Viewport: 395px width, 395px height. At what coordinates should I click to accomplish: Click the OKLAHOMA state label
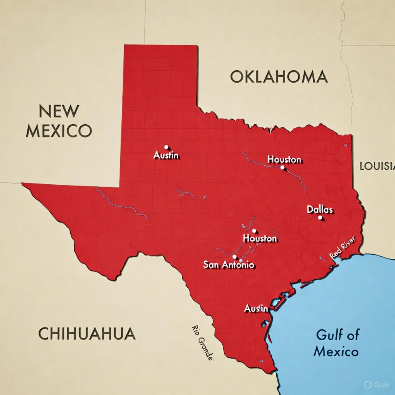[279, 77]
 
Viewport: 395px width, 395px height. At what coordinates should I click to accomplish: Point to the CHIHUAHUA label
[87, 333]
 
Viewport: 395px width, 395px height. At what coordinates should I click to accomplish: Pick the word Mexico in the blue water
[335, 352]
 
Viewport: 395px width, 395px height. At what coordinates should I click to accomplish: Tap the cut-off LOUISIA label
[377, 166]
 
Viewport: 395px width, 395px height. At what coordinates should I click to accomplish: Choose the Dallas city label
[320, 209]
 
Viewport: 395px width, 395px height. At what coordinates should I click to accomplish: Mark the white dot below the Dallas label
[320, 218]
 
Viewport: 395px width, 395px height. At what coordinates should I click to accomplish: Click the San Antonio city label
[228, 265]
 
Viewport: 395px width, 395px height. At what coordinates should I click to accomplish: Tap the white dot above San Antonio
[235, 256]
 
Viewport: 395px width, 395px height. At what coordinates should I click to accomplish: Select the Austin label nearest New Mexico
[166, 155]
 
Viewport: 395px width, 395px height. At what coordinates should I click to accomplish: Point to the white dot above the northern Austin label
[166, 147]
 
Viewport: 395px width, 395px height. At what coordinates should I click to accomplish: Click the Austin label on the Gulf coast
[256, 308]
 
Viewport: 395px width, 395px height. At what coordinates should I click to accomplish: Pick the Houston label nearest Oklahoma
[284, 159]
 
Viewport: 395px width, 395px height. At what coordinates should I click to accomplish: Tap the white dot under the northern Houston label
[282, 167]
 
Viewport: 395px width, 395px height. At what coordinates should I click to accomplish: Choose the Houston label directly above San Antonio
[260, 238]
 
